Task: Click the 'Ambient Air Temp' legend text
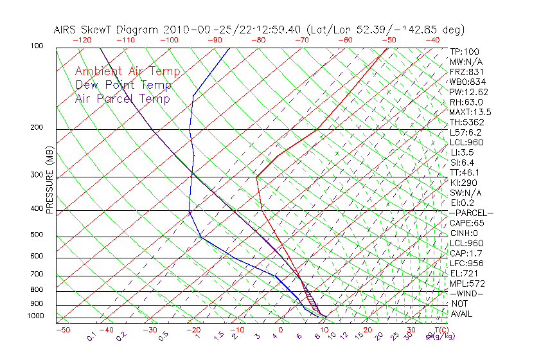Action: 127,71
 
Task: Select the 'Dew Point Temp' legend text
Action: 123,85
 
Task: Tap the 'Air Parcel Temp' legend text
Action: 122,98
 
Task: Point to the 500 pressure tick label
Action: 37,235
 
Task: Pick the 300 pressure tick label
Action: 37,175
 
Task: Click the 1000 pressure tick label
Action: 35,316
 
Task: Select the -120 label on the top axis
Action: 82,40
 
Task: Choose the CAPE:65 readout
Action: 466,223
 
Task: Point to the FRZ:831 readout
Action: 465,72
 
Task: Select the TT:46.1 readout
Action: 465,172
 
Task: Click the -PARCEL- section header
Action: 472,213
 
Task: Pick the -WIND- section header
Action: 467,293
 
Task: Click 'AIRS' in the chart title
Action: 66,30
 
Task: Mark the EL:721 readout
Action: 464,273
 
